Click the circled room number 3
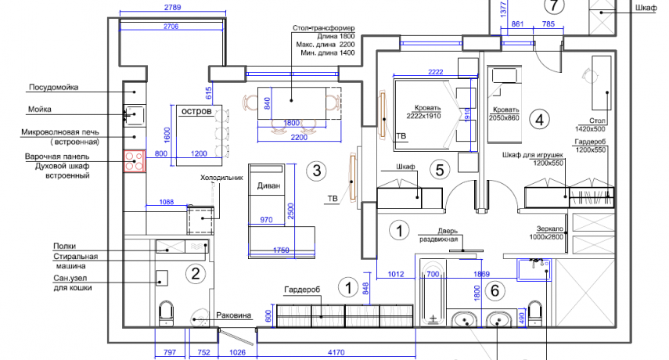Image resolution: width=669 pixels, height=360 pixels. click(x=317, y=171)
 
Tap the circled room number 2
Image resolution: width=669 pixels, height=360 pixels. click(x=196, y=273)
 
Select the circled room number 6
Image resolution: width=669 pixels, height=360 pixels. click(x=495, y=290)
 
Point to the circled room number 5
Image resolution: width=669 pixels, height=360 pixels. click(x=440, y=170)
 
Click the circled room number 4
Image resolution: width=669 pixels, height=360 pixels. click(x=539, y=120)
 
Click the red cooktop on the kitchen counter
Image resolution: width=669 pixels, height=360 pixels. click(x=135, y=160)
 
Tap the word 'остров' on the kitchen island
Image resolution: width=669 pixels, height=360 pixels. click(x=196, y=111)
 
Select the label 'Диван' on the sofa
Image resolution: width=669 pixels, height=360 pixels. click(x=269, y=185)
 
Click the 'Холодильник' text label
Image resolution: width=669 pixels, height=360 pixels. click(x=221, y=178)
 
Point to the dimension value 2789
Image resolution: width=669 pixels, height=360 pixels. click(x=172, y=7)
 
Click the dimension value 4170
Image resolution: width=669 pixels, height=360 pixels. click(x=336, y=352)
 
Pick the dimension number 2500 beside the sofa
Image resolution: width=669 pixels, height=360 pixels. click(x=290, y=211)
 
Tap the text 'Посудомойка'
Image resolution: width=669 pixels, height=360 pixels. click(x=53, y=87)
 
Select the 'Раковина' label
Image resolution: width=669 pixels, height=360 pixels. click(x=233, y=315)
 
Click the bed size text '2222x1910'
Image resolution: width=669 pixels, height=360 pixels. click(x=423, y=116)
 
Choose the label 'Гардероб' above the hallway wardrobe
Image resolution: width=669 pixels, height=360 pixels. click(x=302, y=290)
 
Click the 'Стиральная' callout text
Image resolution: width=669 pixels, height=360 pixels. click(x=76, y=257)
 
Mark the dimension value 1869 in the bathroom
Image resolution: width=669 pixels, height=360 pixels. click(x=481, y=274)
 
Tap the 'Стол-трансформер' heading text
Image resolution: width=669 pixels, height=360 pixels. click(x=323, y=28)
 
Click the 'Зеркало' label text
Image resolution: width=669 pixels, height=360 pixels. click(x=550, y=229)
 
